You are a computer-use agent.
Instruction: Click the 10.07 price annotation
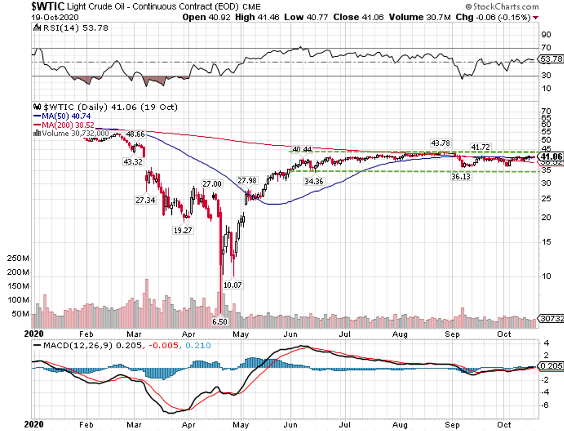[233, 285]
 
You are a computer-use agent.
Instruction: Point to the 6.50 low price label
[220, 322]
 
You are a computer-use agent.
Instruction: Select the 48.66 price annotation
[135, 133]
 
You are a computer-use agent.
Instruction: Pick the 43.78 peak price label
[441, 143]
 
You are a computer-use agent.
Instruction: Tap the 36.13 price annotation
[457, 176]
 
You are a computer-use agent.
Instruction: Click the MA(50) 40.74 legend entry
[63, 116]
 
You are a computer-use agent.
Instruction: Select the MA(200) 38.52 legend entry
[64, 124]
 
